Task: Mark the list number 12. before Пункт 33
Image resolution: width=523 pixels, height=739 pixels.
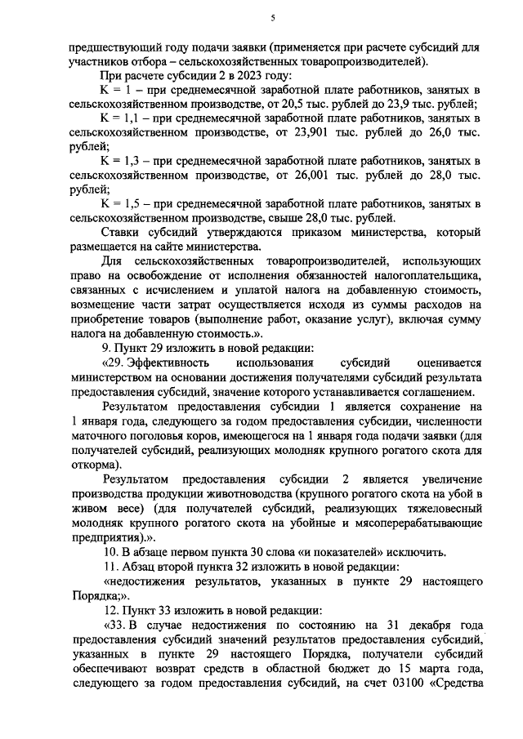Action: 105,609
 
